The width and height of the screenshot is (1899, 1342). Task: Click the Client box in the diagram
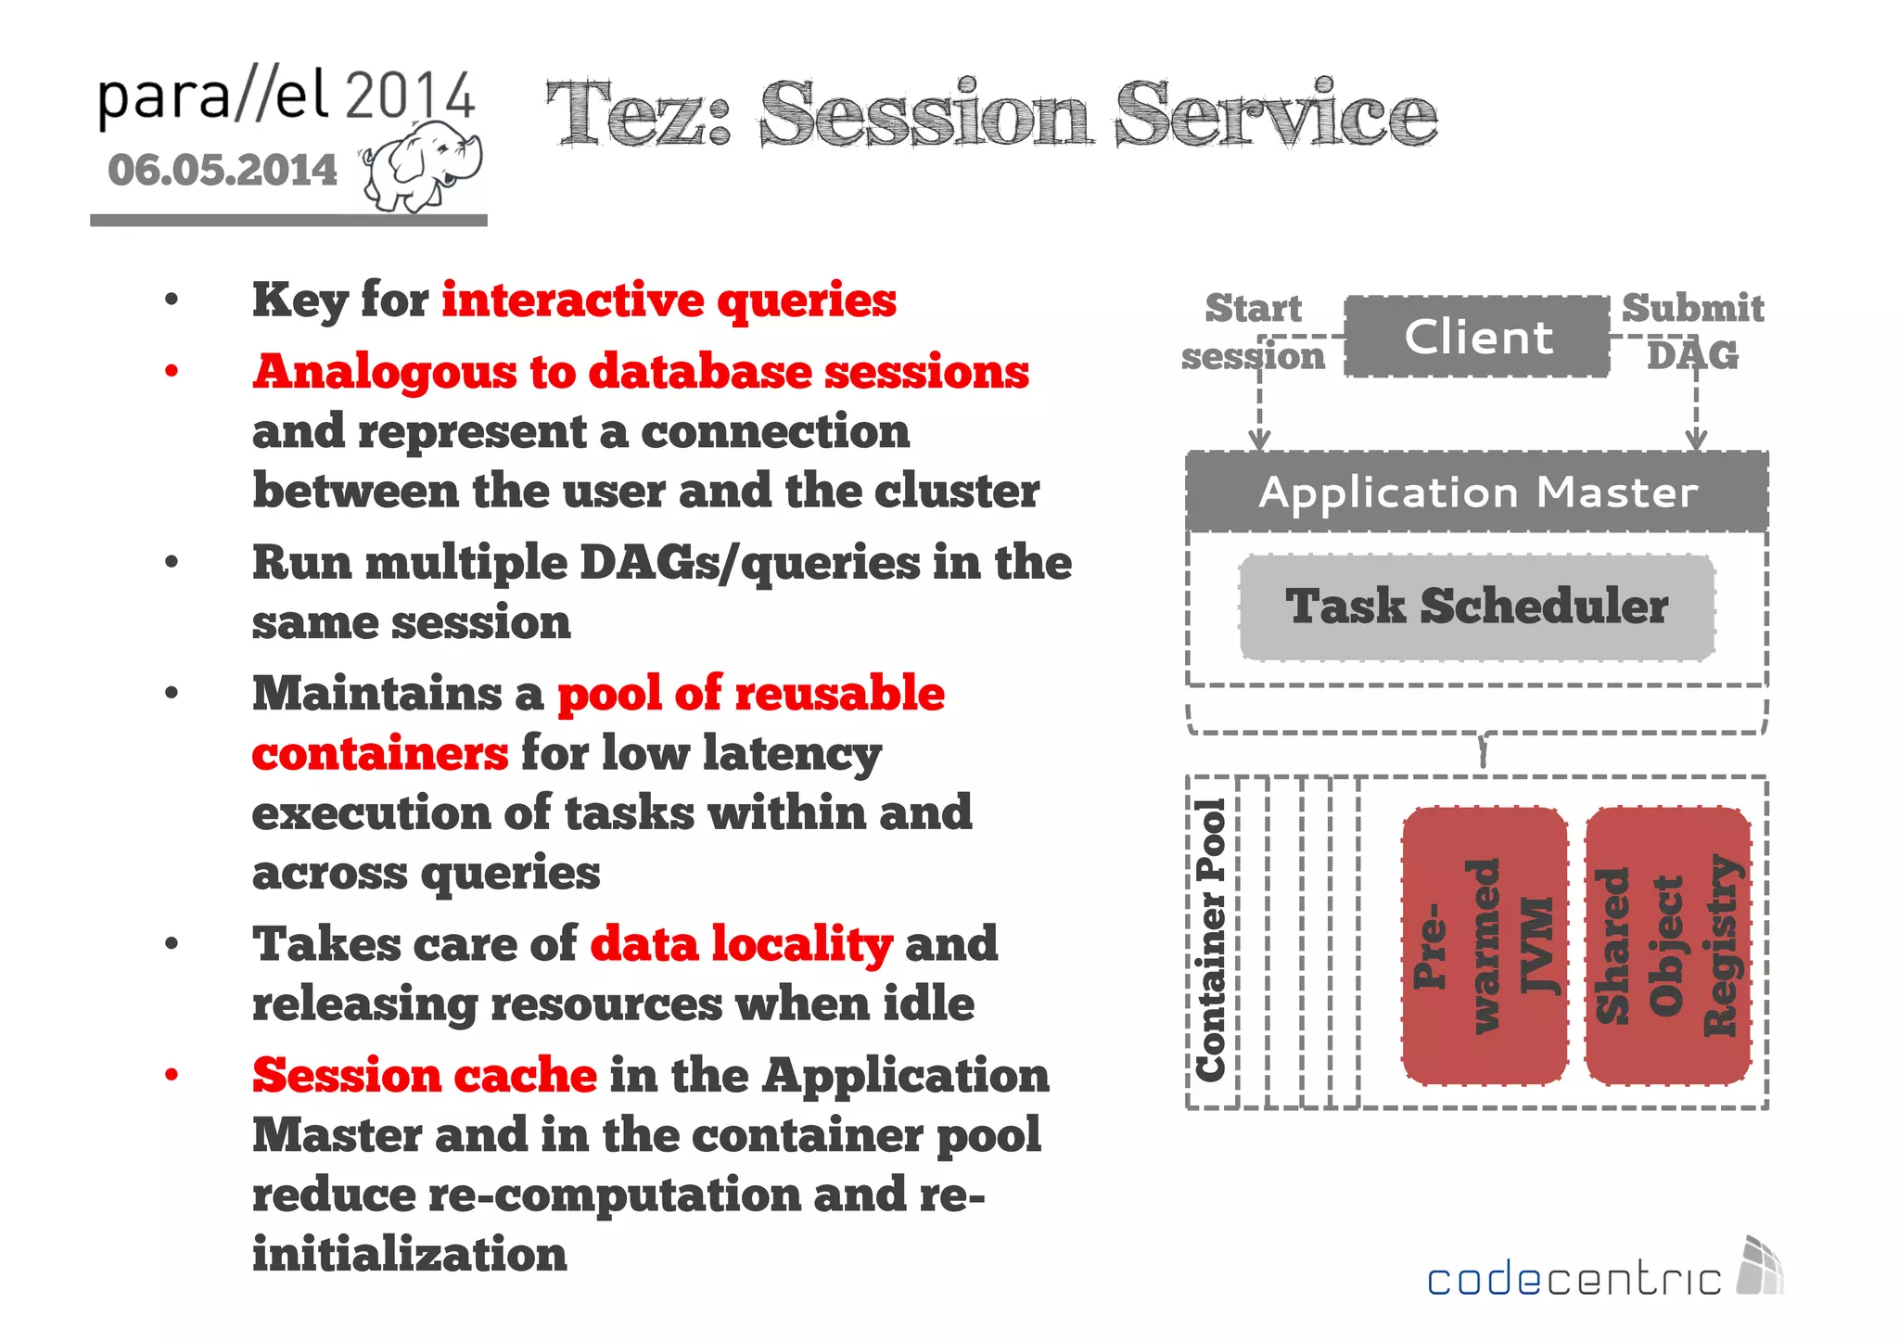coord(1477,337)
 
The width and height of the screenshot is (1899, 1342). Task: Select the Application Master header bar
coord(1477,492)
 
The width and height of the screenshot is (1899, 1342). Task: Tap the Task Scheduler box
coord(1477,607)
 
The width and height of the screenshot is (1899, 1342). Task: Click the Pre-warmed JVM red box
coord(1484,945)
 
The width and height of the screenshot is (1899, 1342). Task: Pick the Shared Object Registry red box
coord(1667,945)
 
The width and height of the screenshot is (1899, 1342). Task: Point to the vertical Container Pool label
coord(1211,940)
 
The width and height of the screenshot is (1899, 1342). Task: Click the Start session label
coord(1253,331)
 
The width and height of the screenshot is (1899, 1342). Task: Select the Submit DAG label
coord(1692,331)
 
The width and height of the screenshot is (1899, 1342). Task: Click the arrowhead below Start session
coord(1259,440)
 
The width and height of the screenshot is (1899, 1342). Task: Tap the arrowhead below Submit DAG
coord(1696,440)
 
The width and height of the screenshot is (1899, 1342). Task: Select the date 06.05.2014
coord(223,171)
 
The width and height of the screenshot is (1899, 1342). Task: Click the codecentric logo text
coord(1574,1280)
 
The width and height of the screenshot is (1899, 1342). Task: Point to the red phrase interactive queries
coord(669,300)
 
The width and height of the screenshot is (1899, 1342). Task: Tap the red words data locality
coord(741,944)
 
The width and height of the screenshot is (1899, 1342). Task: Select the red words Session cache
coord(425,1076)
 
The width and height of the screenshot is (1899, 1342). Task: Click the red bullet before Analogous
coord(172,372)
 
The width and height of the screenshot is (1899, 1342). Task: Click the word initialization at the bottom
coord(409,1255)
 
